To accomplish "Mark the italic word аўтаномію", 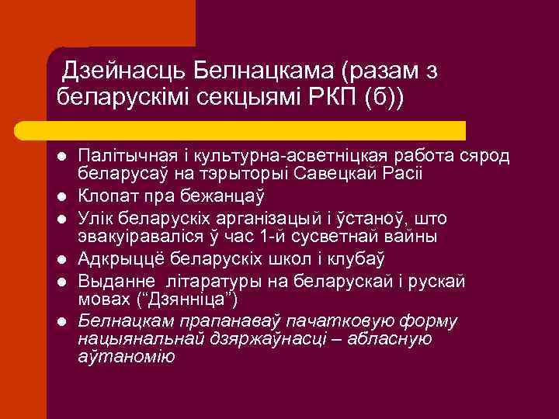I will [127, 356].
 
